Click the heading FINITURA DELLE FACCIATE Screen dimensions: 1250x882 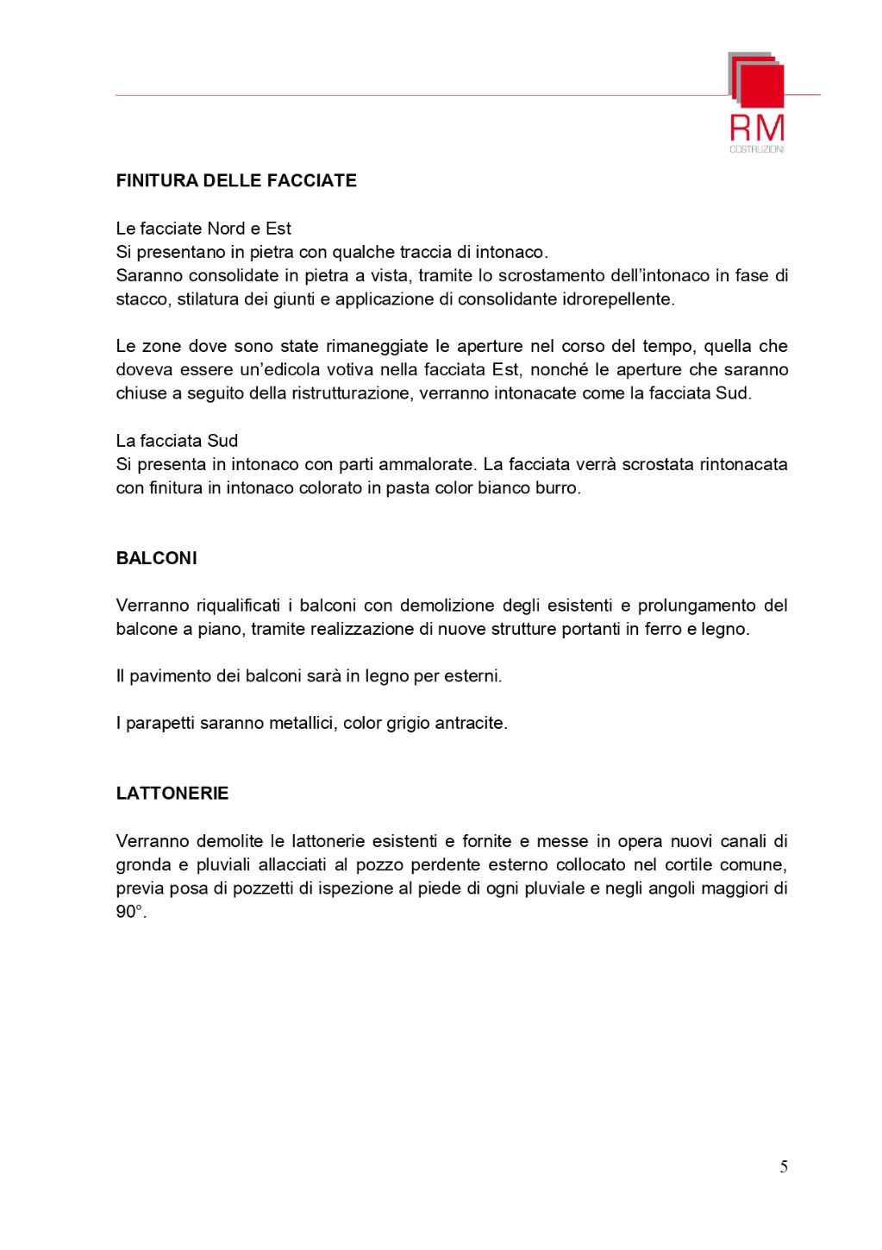[236, 181]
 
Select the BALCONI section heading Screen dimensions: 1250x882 [156, 558]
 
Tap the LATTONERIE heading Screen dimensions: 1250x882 [172, 794]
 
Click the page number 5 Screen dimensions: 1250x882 [783, 1167]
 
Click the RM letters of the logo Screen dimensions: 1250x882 [757, 129]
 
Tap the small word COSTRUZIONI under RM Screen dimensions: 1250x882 [757, 150]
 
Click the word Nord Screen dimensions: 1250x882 [226, 229]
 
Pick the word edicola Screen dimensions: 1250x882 [292, 370]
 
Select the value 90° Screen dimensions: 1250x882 [130, 912]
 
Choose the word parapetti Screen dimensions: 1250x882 [160, 724]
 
